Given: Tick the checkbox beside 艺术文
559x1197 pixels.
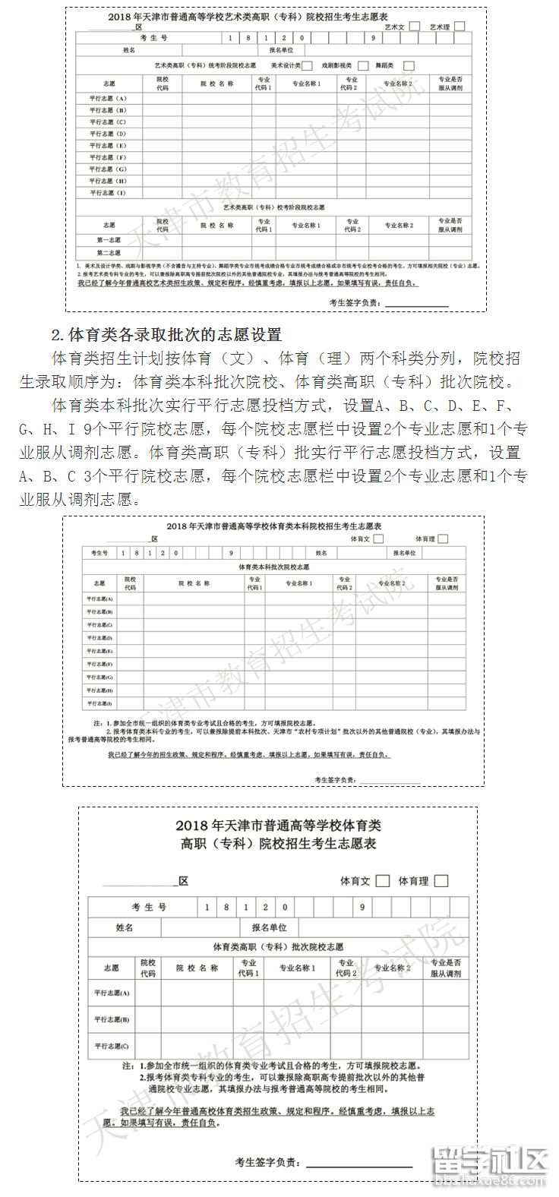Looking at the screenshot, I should coord(414,26).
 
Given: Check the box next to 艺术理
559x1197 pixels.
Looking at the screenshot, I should coord(460,26).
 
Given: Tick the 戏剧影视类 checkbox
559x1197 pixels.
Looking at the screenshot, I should coord(363,65).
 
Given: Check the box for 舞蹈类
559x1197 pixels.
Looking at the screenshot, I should coord(409,65).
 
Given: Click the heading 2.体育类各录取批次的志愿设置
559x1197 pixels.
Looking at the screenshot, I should coord(166,334).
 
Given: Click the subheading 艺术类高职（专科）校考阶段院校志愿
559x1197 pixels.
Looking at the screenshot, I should coord(273,207).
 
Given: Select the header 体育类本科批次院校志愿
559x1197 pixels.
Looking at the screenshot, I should coord(273,567).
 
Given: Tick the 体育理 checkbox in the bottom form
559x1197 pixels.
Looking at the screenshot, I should coord(441,881).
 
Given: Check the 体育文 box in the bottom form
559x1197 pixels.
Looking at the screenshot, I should coord(383,881).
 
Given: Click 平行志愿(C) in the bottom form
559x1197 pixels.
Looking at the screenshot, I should coord(112,1046).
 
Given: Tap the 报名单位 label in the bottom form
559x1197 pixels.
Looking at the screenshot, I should coord(264,928).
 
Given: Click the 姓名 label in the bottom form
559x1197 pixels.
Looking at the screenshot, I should coord(125,928).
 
